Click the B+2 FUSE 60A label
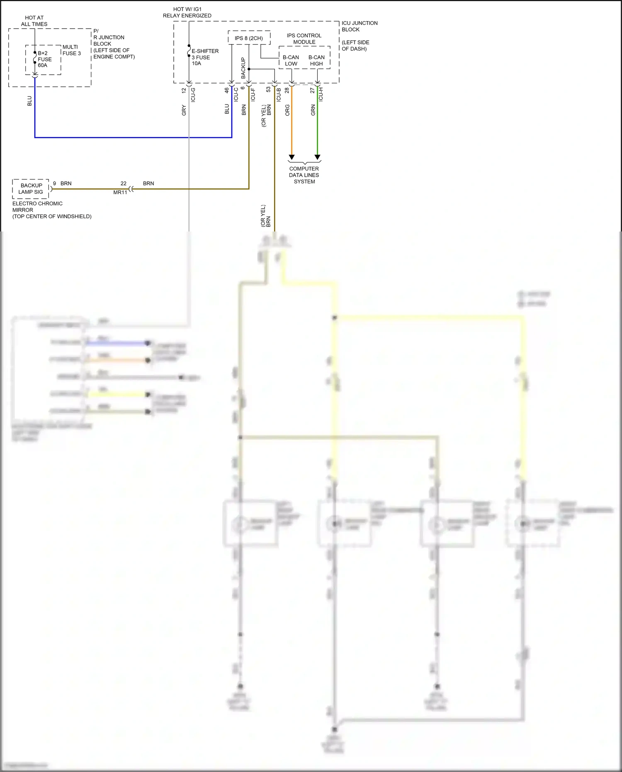point(44,59)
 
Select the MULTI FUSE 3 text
point(71,50)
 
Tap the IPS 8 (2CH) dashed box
point(249,38)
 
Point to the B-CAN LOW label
point(291,61)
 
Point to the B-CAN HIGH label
point(316,61)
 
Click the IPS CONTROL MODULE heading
point(304,39)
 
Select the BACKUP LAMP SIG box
point(31,189)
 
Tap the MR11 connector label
point(120,192)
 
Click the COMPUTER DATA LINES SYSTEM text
point(304,175)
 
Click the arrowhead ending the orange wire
point(292,157)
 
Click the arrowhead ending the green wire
point(317,157)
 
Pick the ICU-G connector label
point(193,95)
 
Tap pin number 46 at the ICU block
point(227,90)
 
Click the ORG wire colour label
point(287,110)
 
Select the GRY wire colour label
point(184,110)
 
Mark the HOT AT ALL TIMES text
point(34,21)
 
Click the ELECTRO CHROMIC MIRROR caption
point(37,207)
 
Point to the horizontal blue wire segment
point(133,137)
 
